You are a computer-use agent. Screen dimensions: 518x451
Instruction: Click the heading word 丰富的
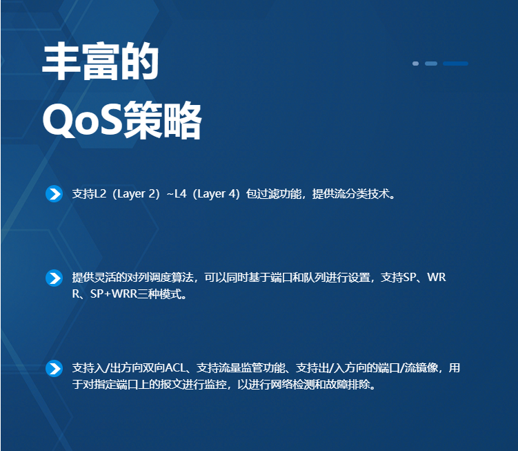point(101,61)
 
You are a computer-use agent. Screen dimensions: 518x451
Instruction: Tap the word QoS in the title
point(83,119)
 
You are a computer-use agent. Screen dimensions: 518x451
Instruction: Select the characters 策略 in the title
point(162,120)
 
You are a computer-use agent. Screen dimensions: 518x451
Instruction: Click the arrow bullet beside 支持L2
point(54,193)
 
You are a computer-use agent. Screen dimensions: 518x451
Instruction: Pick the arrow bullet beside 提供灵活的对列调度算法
point(54,278)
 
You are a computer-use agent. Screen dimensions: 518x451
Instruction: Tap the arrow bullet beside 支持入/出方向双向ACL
point(54,368)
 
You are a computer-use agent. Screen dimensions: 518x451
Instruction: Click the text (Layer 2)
point(136,194)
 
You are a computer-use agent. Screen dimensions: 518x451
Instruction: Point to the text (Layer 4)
point(216,194)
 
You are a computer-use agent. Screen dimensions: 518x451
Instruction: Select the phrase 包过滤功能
point(274,194)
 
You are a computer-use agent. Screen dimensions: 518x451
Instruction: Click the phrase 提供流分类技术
point(351,194)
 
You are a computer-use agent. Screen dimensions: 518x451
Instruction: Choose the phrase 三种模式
point(159,294)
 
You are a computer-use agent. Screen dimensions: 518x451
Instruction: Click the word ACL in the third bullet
point(175,368)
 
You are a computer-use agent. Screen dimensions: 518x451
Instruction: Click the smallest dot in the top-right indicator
point(416,64)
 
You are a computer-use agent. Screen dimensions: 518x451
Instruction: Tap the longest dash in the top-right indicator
point(455,64)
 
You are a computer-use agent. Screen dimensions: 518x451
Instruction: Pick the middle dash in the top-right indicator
point(431,64)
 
